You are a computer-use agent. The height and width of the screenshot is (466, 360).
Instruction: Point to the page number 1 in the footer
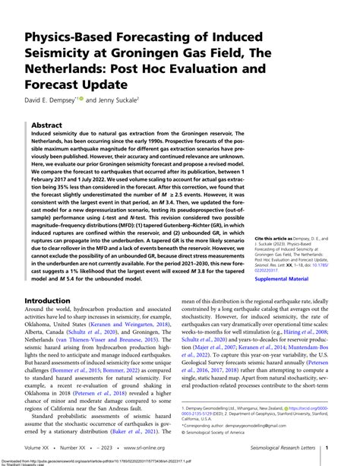pyautogui.click(x=327, y=449)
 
